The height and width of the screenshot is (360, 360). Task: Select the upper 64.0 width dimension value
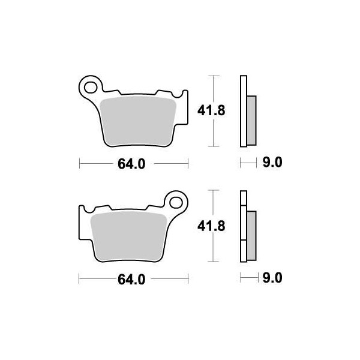point(134,163)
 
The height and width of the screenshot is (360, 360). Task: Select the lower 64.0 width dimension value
point(133,278)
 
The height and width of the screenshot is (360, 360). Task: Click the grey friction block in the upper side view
point(251,120)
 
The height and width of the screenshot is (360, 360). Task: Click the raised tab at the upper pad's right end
point(179,95)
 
